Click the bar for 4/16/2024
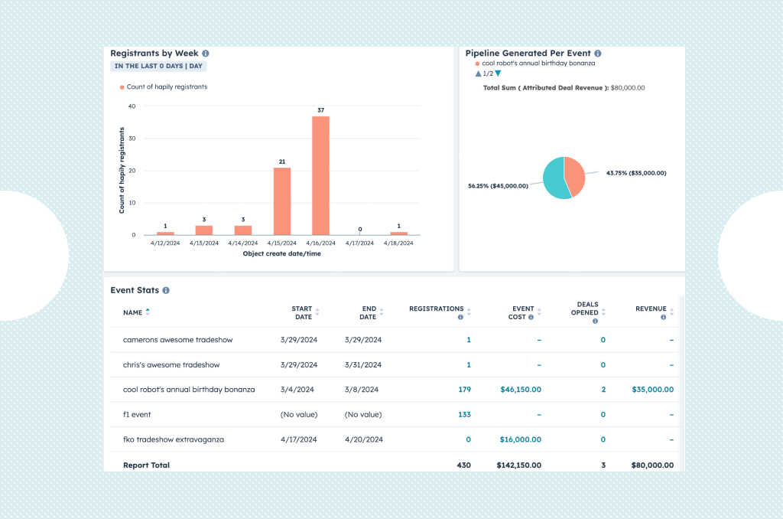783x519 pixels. tap(320, 175)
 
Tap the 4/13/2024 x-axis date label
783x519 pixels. tap(203, 243)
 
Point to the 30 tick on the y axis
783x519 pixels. tap(132, 139)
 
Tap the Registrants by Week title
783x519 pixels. tap(154, 54)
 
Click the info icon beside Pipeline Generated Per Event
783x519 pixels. tap(597, 54)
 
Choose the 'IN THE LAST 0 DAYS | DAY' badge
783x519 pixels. tap(158, 67)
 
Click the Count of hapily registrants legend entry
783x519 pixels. tap(166, 87)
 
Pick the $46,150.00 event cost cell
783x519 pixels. tap(520, 390)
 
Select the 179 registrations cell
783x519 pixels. tap(463, 390)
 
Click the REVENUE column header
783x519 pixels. tap(651, 309)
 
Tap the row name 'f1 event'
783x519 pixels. tap(137, 415)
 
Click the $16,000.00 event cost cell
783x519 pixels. tap(520, 440)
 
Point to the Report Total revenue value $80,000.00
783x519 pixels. tap(652, 465)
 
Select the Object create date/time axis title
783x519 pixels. tap(281, 253)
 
